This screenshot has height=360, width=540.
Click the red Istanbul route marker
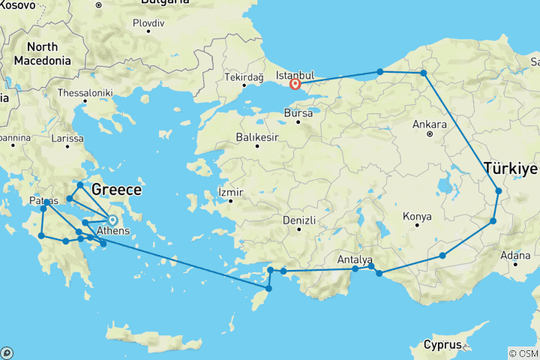(295, 85)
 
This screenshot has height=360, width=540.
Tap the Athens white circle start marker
(112, 220)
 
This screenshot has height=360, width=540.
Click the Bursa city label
(298, 112)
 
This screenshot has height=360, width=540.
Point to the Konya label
(417, 217)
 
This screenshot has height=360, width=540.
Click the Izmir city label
(230, 192)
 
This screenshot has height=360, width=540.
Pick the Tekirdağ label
(244, 77)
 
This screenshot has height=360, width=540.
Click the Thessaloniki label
(92, 94)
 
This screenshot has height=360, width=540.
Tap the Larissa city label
(67, 139)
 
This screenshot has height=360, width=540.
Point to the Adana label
(515, 256)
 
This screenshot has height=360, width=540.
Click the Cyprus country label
(442, 345)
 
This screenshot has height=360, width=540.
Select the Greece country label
(116, 190)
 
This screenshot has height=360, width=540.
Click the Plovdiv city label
(148, 22)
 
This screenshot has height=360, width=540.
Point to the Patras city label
(43, 202)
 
